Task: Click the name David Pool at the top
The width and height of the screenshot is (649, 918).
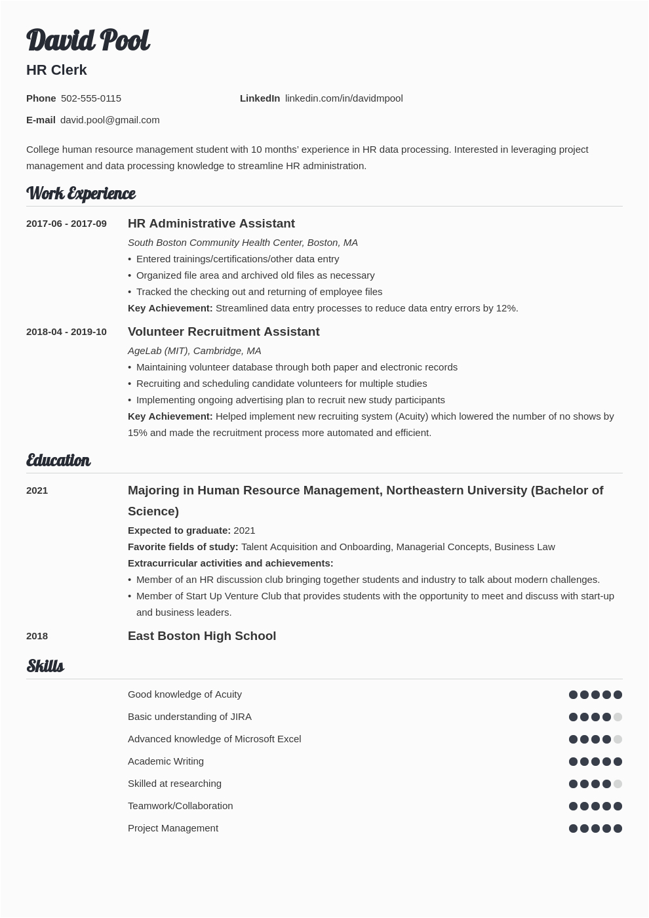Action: pos(88,41)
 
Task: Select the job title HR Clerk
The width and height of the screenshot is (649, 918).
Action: pos(56,70)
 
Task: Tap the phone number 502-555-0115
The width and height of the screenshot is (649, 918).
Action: pos(91,98)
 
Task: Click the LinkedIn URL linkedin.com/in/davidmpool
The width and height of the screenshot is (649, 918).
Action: pos(344,98)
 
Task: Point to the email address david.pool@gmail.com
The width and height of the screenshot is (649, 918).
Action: pos(110,120)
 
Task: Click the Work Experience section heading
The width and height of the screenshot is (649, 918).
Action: pos(81,193)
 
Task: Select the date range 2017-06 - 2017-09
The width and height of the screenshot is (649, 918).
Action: pos(66,224)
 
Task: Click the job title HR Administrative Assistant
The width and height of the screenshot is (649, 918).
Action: pos(211,224)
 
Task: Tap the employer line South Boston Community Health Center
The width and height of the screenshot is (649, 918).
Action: pos(243,243)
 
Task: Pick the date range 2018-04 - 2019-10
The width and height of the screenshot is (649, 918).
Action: pos(66,332)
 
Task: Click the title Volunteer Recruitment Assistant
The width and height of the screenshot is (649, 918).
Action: pos(224,332)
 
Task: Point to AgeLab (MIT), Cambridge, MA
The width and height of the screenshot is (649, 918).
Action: pos(194,351)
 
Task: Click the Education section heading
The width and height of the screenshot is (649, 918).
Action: pos(58,460)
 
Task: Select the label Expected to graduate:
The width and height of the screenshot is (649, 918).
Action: pos(179,530)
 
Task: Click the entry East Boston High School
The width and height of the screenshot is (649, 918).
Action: pos(202,636)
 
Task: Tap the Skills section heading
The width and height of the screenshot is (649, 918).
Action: pos(45,666)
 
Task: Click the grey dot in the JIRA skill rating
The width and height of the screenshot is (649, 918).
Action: pos(618,717)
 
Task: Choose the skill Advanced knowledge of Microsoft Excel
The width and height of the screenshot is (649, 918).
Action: pos(214,739)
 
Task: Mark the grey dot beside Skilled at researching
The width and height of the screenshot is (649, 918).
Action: pos(618,784)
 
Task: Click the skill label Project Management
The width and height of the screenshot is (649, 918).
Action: pos(173,828)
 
